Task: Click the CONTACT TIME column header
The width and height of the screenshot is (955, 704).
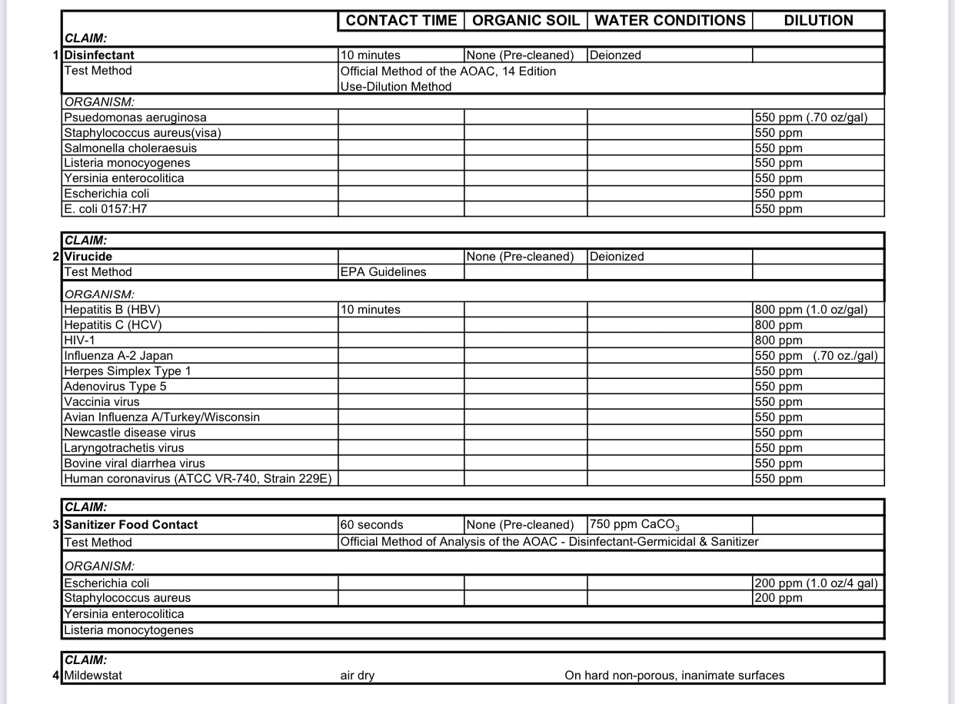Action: pos(401,21)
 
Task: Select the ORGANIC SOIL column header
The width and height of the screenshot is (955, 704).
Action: pos(525,21)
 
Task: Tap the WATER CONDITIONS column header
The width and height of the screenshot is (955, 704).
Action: pos(670,21)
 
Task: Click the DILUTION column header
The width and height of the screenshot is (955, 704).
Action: pos(818,21)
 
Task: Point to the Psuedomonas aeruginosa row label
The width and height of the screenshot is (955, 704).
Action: pos(135,118)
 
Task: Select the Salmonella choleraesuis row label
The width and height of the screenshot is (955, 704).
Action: pos(131,148)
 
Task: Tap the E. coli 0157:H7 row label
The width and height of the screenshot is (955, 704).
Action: pos(105,208)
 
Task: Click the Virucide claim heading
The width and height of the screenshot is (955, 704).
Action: pos(88,257)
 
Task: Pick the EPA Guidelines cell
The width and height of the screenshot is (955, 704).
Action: pos(383,272)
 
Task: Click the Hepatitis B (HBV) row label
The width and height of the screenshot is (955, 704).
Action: pos(112,310)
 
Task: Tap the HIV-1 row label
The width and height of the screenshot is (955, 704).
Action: pos(80,340)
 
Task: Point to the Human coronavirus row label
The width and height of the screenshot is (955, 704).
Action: pos(198,479)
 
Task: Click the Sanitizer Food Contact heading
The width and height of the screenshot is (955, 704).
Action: pos(131,525)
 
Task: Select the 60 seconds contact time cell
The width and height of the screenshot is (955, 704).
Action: pos(371,525)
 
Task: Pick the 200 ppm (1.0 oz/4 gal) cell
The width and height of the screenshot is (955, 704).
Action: pos(816,583)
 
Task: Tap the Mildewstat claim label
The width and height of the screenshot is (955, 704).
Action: pos(93,676)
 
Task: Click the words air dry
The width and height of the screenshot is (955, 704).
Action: pos(358,676)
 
